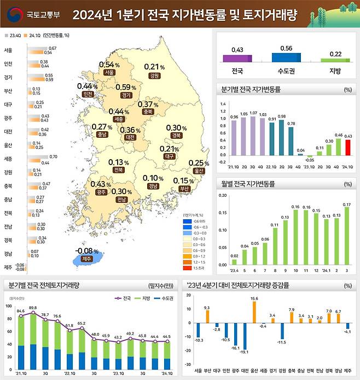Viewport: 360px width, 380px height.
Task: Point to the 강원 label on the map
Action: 154,75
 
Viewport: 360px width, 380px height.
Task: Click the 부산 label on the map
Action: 184,189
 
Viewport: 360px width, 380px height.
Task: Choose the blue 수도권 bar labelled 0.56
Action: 286,57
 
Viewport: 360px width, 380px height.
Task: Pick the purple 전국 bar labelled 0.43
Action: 237,59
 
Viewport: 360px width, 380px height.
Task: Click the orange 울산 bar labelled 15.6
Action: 254,312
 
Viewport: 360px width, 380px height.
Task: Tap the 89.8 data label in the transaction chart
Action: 33,308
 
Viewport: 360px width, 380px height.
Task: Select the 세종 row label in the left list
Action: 8,159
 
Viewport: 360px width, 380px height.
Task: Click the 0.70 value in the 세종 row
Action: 53,156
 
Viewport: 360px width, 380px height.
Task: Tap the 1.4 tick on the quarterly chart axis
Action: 223,103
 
